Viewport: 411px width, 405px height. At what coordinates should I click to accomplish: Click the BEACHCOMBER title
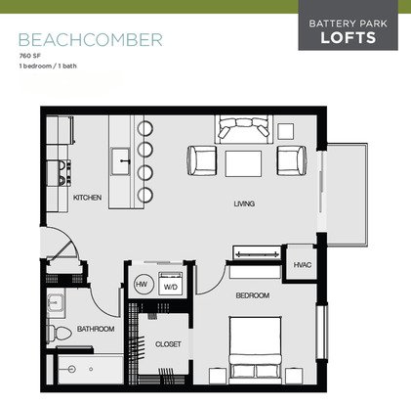[x=91, y=40]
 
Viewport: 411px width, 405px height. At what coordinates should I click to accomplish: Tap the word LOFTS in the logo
[x=349, y=37]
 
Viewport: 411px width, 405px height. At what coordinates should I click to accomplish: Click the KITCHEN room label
[x=87, y=198]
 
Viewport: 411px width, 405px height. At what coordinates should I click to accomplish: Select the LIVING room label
[x=244, y=203]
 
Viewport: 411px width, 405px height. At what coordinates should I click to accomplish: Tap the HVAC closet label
[x=303, y=265]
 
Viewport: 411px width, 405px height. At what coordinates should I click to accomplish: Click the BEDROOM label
[x=253, y=295]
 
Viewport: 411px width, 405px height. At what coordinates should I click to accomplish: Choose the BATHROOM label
[x=96, y=329]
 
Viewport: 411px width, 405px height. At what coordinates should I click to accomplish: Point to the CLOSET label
[x=168, y=344]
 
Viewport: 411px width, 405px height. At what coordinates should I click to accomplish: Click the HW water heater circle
[x=142, y=284]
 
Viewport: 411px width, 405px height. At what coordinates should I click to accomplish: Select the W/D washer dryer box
[x=171, y=284]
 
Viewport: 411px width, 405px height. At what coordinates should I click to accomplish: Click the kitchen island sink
[x=121, y=161]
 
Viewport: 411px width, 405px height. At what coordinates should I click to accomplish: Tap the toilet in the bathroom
[x=60, y=333]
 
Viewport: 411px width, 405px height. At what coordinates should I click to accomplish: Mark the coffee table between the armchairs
[x=243, y=163]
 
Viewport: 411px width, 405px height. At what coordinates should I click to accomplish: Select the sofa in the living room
[x=243, y=129]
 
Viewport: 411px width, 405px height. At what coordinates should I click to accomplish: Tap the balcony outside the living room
[x=347, y=195]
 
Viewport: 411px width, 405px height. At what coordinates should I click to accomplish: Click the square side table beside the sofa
[x=286, y=131]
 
